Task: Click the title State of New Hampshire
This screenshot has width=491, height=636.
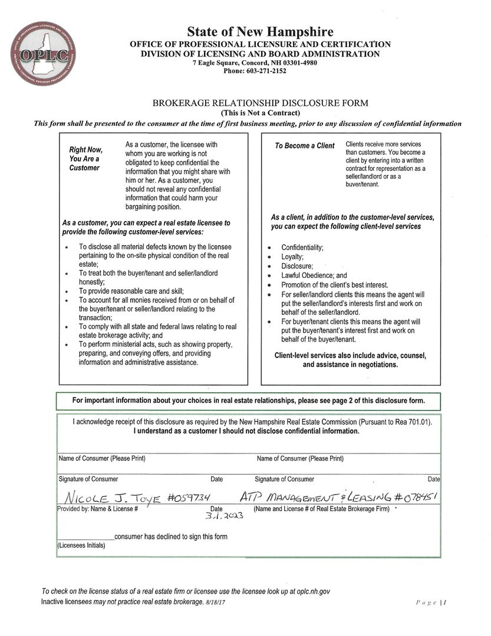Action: (x=260, y=32)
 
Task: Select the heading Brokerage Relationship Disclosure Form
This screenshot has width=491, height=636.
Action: (x=260, y=103)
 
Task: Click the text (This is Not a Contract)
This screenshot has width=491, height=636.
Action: (x=260, y=113)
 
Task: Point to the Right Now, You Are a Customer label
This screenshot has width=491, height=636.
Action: (x=86, y=158)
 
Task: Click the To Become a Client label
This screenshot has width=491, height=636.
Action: (x=304, y=146)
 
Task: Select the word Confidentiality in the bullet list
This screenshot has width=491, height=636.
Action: (x=302, y=247)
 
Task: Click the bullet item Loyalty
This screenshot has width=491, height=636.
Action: (x=292, y=257)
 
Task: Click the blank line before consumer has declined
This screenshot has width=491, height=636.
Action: (x=86, y=536)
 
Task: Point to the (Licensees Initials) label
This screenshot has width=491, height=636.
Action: (x=81, y=546)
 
